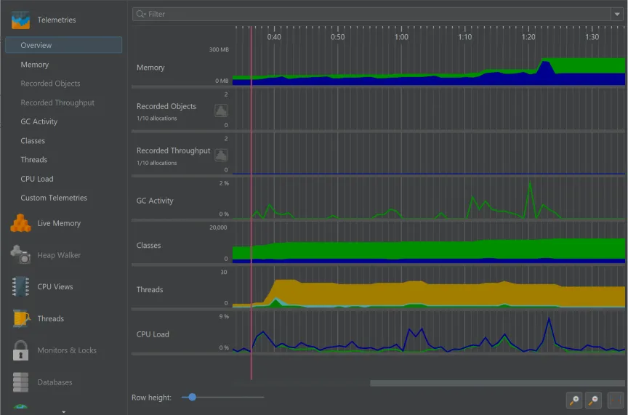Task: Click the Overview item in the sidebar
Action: [36, 45]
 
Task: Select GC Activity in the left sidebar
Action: [39, 121]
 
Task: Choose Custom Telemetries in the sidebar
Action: [53, 198]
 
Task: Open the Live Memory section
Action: [58, 223]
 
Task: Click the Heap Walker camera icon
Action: [20, 255]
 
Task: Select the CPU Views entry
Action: [55, 286]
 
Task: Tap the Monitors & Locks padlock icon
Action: [20, 350]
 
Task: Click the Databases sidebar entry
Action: [55, 382]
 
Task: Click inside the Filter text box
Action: [363, 14]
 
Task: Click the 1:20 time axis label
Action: [528, 37]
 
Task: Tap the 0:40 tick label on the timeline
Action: [274, 37]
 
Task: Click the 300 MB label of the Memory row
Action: [219, 49]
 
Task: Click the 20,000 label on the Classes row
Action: [217, 227]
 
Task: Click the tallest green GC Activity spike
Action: [530, 182]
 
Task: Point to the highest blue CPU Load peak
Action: [549, 319]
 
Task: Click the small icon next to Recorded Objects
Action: [221, 110]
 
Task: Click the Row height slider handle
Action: [192, 398]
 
